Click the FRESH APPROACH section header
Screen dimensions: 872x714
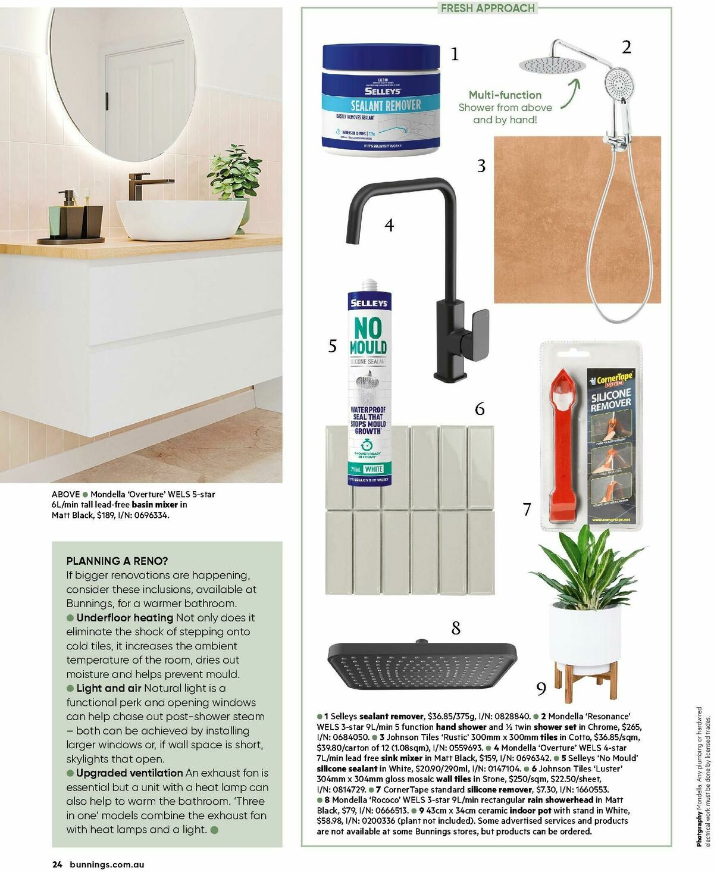487,8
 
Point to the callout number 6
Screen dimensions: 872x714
480,409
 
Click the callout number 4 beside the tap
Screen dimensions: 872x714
389,225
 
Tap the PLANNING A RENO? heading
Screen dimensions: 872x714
117,561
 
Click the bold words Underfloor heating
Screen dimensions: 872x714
124,617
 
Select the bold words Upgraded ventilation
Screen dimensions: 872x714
129,773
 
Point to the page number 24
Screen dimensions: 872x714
57,865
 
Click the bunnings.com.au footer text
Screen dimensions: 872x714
107,865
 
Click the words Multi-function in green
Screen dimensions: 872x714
505,95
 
